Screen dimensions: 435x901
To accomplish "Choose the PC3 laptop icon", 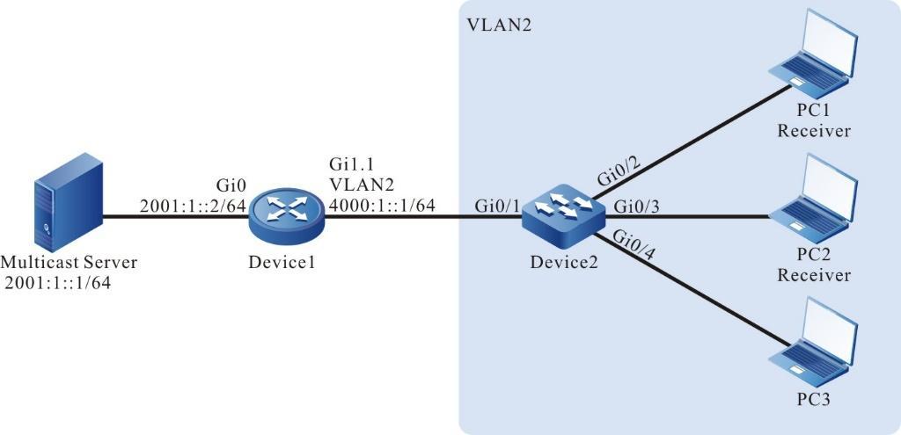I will [811, 343].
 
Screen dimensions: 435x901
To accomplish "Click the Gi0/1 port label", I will [496, 206].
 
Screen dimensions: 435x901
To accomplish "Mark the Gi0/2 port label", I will [619, 166].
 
